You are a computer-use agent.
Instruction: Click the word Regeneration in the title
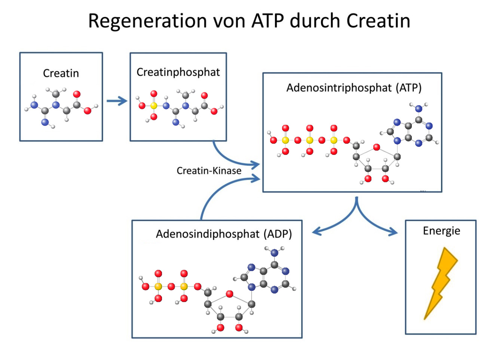pos(147,21)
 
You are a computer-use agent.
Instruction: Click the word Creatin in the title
pos(378,21)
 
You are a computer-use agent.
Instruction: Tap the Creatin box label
pos(61,73)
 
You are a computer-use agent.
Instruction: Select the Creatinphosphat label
pos(178,72)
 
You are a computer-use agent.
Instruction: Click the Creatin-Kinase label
pos(209,171)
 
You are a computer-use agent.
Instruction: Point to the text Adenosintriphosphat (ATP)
pos(354,88)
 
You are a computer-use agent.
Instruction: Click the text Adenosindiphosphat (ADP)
pos(224,234)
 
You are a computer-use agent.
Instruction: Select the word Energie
pos(441,231)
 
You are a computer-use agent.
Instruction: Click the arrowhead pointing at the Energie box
pos(393,232)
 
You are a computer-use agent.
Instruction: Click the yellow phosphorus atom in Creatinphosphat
pos(154,106)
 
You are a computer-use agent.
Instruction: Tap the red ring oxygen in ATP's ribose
pos(377,147)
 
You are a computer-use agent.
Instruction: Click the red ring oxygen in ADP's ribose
pos(230,294)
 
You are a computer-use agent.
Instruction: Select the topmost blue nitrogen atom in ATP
pos(419,109)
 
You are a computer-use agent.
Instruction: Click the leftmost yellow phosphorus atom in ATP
pos(285,140)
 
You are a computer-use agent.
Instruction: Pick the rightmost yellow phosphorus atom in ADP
pos(184,287)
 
